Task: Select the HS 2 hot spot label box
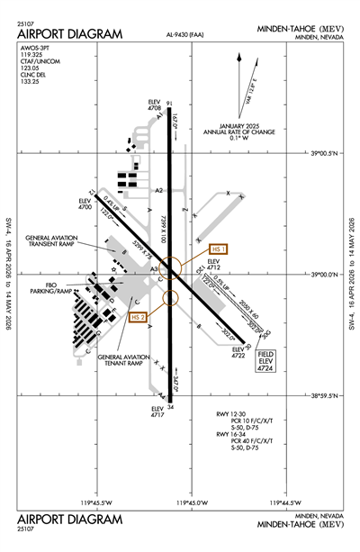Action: click(x=139, y=317)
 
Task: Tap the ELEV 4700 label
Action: click(x=85, y=204)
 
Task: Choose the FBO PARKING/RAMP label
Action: click(x=50, y=288)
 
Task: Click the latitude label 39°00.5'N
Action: click(x=323, y=153)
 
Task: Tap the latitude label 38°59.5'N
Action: click(x=323, y=394)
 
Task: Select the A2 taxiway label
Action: click(x=158, y=190)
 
